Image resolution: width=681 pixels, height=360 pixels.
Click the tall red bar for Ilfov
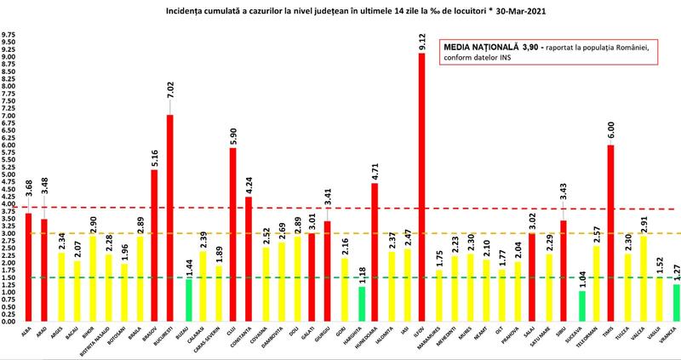pyautogui.click(x=421, y=187)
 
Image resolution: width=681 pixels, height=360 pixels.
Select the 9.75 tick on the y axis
pyautogui.click(x=9, y=36)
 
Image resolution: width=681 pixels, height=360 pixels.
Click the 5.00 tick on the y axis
pyautogui.click(x=9, y=174)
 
